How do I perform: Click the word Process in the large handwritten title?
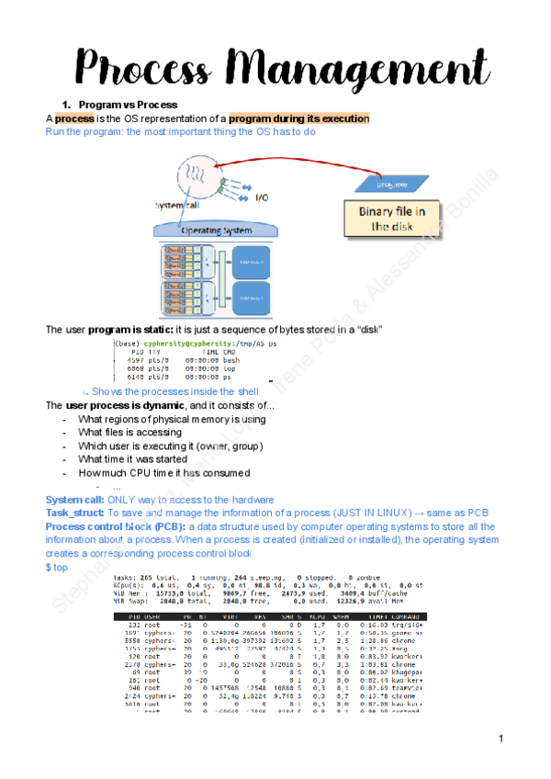pyautogui.click(x=147, y=68)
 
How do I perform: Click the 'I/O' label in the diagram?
pyautogui.click(x=263, y=197)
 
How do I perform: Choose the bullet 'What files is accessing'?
pyautogui.click(x=129, y=432)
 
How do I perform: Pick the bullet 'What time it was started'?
pyautogui.click(x=132, y=458)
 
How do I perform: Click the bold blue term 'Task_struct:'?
pyautogui.click(x=74, y=513)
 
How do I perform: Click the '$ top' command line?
pyautogui.click(x=57, y=568)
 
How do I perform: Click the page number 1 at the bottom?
pyautogui.click(x=501, y=739)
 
